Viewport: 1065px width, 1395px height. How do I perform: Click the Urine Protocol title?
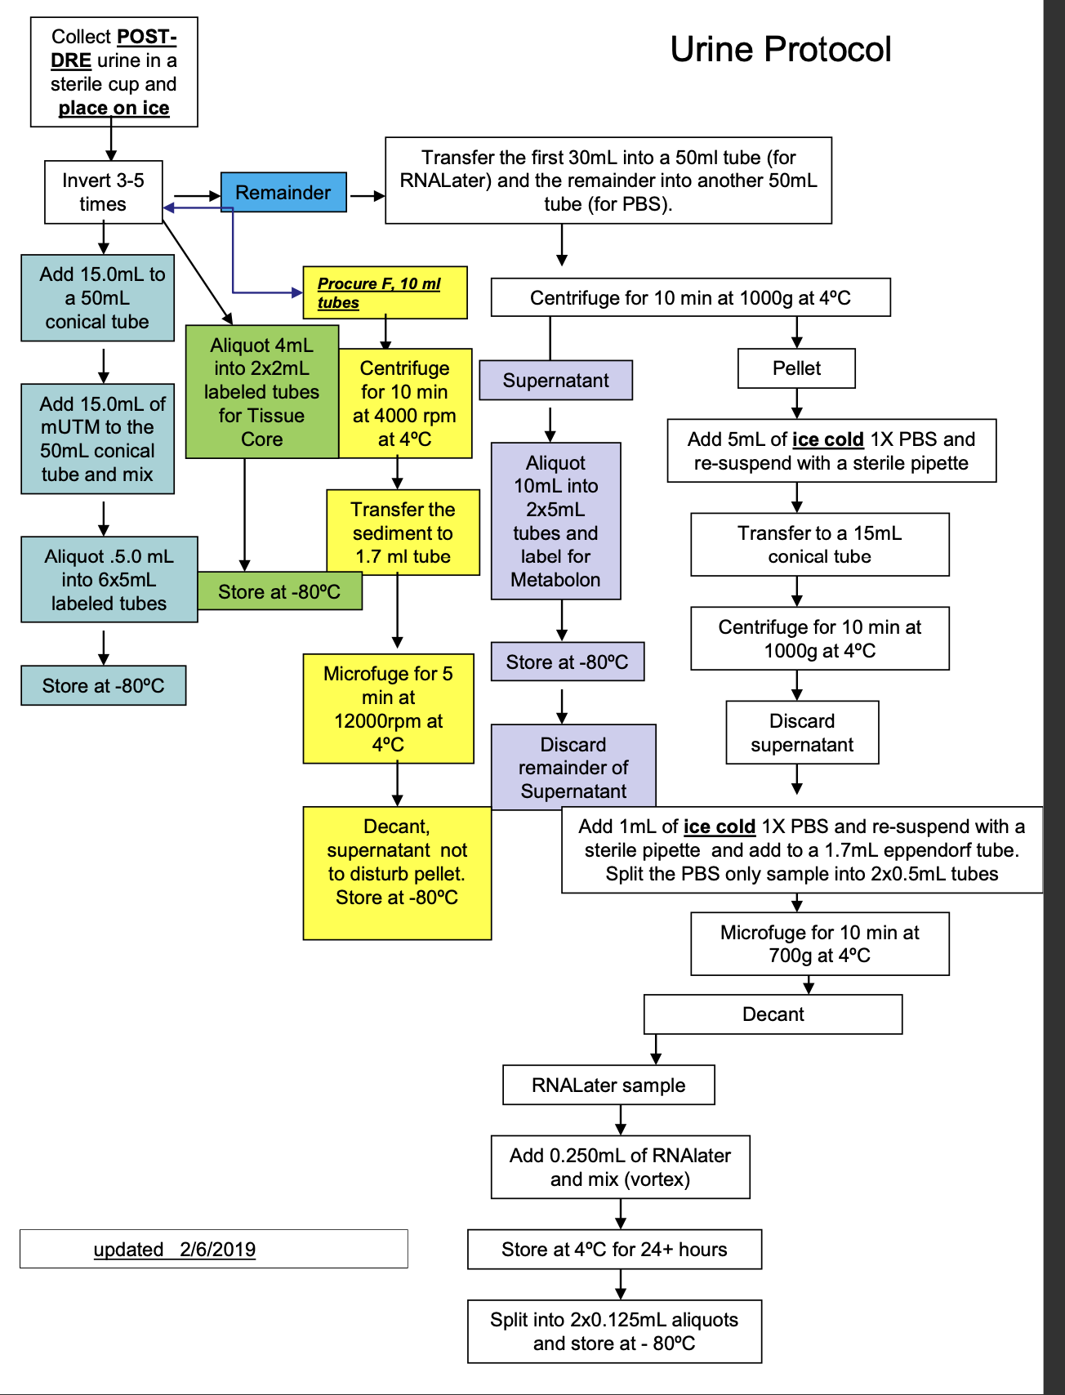coord(780,50)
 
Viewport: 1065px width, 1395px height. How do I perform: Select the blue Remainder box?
coord(283,193)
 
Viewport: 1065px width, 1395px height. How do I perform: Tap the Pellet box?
coord(796,368)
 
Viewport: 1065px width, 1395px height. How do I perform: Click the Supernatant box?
coord(555,381)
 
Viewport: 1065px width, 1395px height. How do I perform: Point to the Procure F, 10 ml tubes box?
coord(385,292)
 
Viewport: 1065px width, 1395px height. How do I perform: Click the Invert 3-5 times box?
coord(103,192)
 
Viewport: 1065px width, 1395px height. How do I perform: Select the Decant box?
coord(773,1014)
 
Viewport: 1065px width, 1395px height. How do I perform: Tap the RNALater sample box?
coord(608,1085)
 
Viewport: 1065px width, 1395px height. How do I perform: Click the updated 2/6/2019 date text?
coord(175,1250)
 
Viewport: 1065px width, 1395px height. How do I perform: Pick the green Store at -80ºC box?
coord(279,592)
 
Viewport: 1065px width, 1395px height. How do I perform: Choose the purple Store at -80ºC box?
coord(567,662)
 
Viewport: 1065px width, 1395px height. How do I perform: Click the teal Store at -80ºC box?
coord(103,686)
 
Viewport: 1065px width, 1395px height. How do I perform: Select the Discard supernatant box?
coord(802,733)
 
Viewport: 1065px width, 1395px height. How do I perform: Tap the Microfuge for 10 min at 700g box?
coord(819,944)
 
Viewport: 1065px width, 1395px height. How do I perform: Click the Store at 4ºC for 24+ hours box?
coord(614,1250)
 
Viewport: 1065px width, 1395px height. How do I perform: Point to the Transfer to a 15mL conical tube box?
coord(819,545)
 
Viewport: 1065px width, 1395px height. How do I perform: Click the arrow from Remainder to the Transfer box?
coord(367,196)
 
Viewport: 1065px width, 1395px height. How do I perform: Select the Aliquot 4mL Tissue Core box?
coord(261,392)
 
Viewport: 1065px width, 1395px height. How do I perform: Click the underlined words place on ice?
coord(114,109)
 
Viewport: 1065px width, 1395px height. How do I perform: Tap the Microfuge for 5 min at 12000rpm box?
coord(388,709)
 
